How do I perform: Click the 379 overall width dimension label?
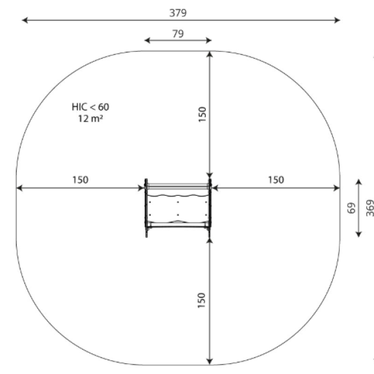pyautogui.click(x=178, y=13)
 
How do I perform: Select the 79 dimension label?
pyautogui.click(x=178, y=34)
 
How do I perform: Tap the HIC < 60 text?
pyautogui.click(x=90, y=107)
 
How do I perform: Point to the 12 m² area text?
pyautogui.click(x=90, y=118)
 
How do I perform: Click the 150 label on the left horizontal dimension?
pyautogui.click(x=80, y=180)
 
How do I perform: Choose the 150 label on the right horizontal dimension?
pyautogui.click(x=276, y=180)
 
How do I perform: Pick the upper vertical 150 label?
pyautogui.click(x=202, y=114)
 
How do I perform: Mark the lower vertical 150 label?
pyautogui.click(x=201, y=300)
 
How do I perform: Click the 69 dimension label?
pyautogui.click(x=351, y=208)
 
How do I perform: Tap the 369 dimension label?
pyautogui.click(x=370, y=208)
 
